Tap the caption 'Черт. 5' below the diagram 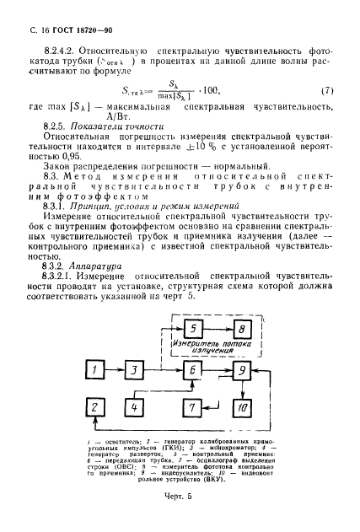click(x=180, y=508)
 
